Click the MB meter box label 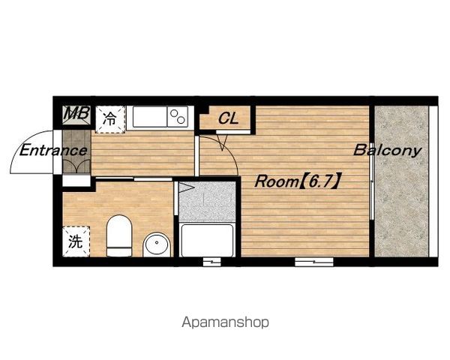pyautogui.click(x=76, y=113)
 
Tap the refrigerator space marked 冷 pyautogui.click(x=110, y=119)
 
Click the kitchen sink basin pyautogui.click(x=149, y=116)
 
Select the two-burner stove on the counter pyautogui.click(x=178, y=116)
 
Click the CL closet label pyautogui.click(x=228, y=118)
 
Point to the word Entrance pyautogui.click(x=53, y=151)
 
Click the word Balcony pyautogui.click(x=388, y=151)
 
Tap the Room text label pyautogui.click(x=277, y=181)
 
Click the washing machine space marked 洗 pyautogui.click(x=76, y=241)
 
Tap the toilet pyautogui.click(x=119, y=235)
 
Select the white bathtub pyautogui.click(x=207, y=241)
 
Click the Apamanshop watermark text pyautogui.click(x=225, y=322)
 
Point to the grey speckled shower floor pyautogui.click(x=207, y=202)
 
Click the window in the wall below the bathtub pyautogui.click(x=211, y=262)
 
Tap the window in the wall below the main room pyautogui.click(x=314, y=262)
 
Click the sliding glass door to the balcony pyautogui.click(x=372, y=181)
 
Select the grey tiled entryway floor pyautogui.click(x=76, y=151)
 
